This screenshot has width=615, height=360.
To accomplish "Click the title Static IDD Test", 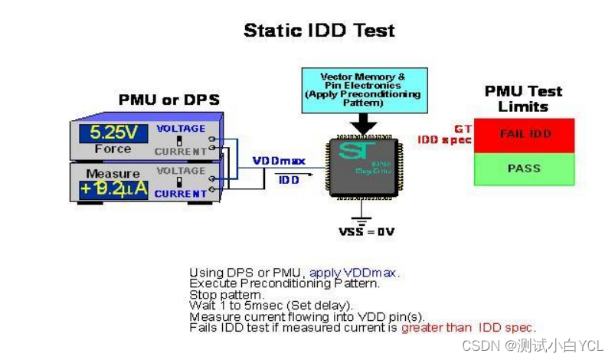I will [x=319, y=31].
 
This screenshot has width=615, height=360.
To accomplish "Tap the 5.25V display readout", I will [x=113, y=132].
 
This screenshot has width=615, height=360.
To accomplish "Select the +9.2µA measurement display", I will [x=113, y=188].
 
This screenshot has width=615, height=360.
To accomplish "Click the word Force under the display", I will [x=113, y=149].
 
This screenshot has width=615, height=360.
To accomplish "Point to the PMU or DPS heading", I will [x=168, y=100].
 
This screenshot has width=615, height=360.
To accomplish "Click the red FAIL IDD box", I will [x=524, y=134].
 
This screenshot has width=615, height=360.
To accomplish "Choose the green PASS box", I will [x=524, y=169].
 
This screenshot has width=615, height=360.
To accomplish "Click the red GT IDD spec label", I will [x=444, y=135].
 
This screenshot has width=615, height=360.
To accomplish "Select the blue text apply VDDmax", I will [x=354, y=273].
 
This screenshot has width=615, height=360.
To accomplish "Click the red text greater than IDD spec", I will [x=468, y=327].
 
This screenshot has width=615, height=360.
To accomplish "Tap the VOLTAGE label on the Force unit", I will [x=181, y=129].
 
